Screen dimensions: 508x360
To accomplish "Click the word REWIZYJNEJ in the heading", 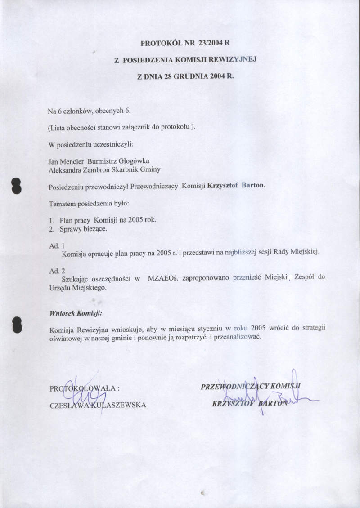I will point(232,59).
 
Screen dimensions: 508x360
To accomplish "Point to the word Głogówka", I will point(137,161).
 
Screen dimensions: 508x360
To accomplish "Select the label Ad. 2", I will point(57,271).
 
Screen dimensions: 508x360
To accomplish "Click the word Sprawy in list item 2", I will point(72,229).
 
